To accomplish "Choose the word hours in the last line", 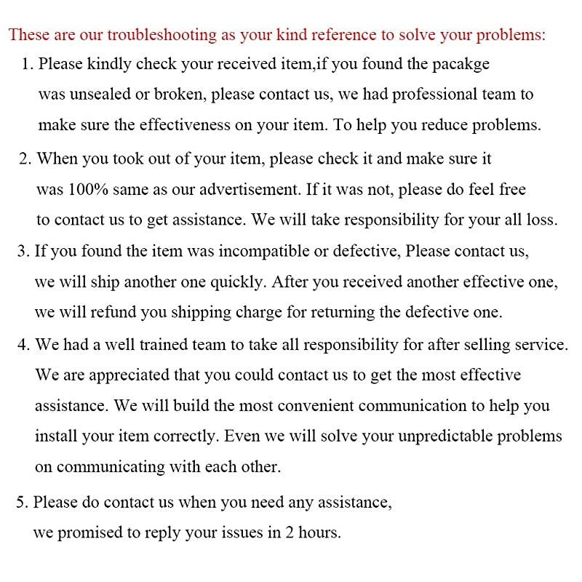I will pos(317,533).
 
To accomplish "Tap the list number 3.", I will pos(22,251).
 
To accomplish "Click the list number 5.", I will pos(20,501).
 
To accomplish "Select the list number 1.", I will pos(26,64).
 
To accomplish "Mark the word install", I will pos(54,436).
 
